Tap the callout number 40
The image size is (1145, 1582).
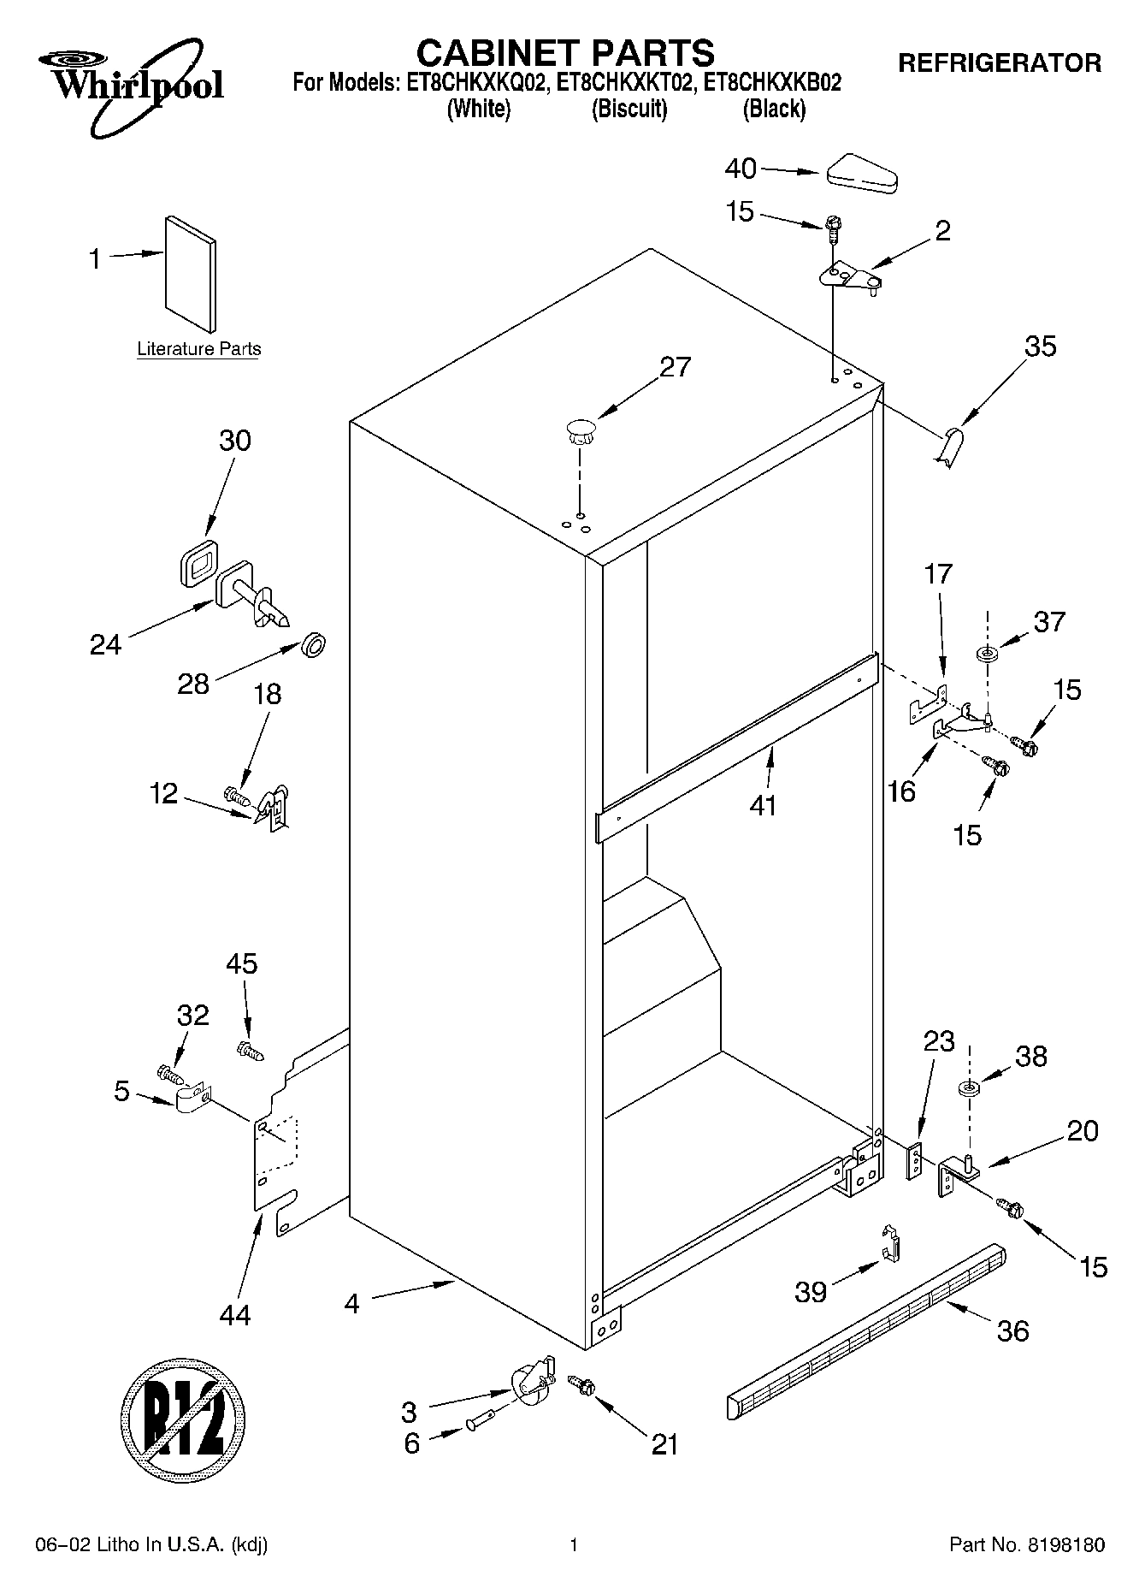coord(741,169)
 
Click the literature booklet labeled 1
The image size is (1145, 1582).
coord(190,272)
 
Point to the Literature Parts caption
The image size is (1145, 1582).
coord(199,349)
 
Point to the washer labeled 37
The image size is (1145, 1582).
coord(988,655)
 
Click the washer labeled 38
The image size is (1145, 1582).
coord(969,1090)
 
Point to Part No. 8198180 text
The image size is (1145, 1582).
coord(1027,1545)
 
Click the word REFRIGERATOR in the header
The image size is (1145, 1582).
coord(999,62)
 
